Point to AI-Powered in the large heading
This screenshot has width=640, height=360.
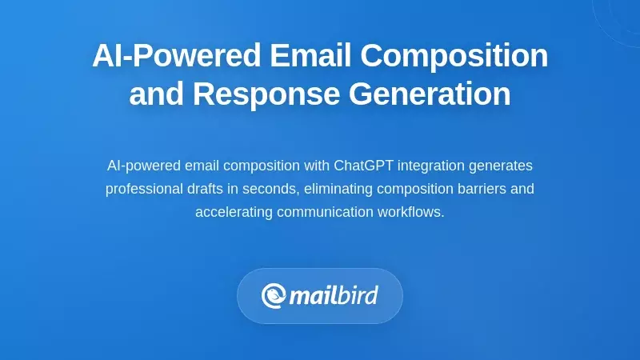click(x=176, y=56)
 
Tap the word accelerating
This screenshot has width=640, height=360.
click(x=234, y=212)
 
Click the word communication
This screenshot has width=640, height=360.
click(x=325, y=212)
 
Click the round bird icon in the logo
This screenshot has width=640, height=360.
click(x=274, y=295)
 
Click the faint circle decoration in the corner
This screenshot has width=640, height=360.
click(x=620, y=16)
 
